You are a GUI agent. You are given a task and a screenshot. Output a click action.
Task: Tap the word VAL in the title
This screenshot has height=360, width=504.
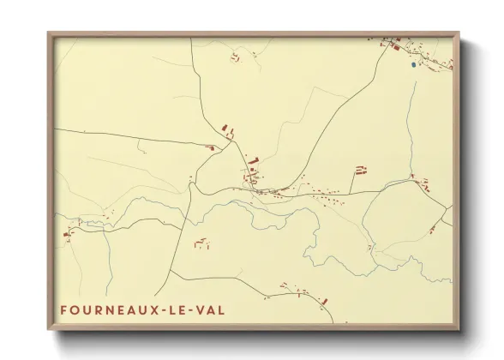click(210, 309)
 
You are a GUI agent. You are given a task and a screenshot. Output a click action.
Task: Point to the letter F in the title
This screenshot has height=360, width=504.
click(64, 309)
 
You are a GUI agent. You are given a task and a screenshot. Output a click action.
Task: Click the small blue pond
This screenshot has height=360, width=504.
click(413, 63)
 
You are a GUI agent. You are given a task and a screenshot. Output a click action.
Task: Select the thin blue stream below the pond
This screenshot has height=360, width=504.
click(413, 111)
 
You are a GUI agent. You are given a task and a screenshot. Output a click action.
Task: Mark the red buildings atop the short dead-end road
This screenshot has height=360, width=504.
click(360, 170)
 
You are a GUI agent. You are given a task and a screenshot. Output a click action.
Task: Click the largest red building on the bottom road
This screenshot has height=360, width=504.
click(324, 299)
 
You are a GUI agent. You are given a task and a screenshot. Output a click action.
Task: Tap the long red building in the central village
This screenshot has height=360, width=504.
click(252, 161)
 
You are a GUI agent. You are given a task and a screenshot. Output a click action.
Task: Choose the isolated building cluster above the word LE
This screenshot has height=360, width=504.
click(201, 244)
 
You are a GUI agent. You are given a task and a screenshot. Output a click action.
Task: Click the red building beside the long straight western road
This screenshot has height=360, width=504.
click(209, 147)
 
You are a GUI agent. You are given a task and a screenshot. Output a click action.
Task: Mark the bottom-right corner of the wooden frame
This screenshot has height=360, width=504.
click(460, 331)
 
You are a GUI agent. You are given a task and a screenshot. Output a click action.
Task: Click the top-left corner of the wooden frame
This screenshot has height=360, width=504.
click(48, 33)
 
